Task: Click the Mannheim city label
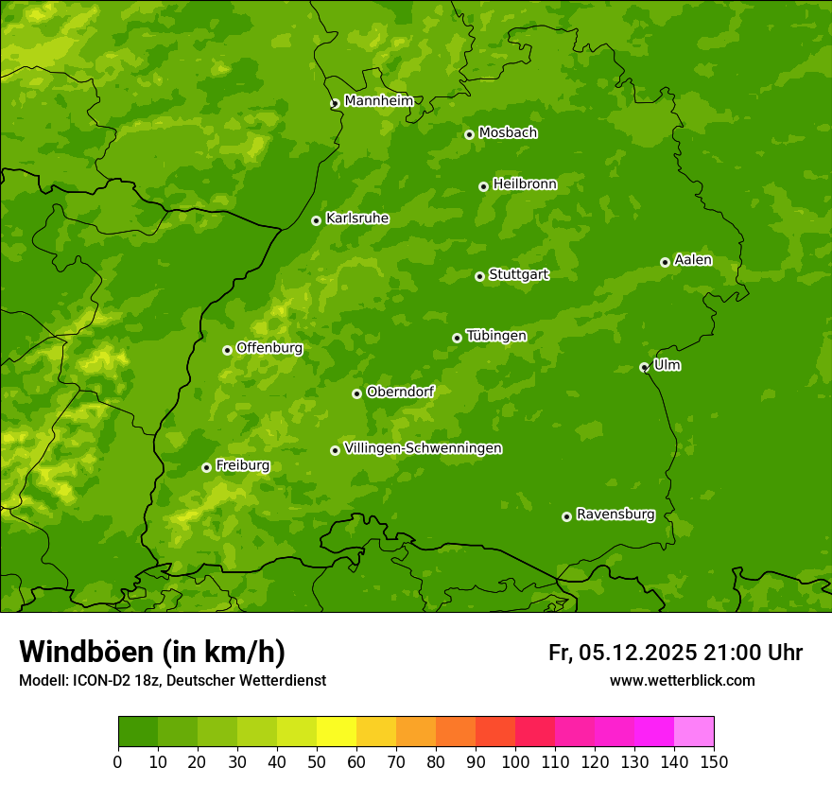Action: [x=378, y=101]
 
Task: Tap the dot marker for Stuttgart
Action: [x=479, y=276]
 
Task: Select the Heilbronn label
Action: [x=525, y=184]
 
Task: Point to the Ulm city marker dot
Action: [x=644, y=367]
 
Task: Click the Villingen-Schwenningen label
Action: [x=423, y=448]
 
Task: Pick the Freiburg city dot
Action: [x=206, y=467]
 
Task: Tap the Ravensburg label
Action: [x=615, y=515]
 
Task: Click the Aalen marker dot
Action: [x=665, y=262]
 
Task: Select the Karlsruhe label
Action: [x=356, y=218]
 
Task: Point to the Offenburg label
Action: [x=269, y=348]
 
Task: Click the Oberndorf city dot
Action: [x=356, y=393]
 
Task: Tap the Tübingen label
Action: [x=495, y=336]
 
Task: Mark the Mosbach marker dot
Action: [x=469, y=134]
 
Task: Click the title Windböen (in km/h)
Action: [x=152, y=652]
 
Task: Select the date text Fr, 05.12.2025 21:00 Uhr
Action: [x=675, y=653]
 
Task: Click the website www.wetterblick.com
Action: [x=682, y=680]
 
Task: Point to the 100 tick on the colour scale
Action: [x=515, y=762]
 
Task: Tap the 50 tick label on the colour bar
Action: [x=317, y=762]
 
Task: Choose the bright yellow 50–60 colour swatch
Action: [x=337, y=732]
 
